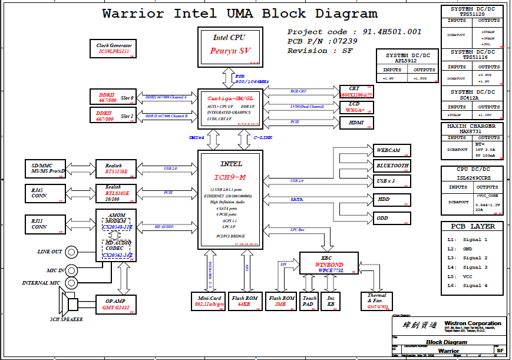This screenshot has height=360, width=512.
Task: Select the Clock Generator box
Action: tap(114, 49)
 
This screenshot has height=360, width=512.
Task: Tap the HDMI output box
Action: tap(357, 123)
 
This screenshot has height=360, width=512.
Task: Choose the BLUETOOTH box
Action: tap(391, 166)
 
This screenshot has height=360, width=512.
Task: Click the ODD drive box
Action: tap(391, 218)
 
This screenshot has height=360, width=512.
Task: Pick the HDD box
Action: tap(391, 200)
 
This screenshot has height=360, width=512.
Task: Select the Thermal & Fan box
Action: tap(376, 301)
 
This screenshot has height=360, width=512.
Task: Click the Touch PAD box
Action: tap(309, 301)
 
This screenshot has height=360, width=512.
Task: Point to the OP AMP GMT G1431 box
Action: tap(116, 305)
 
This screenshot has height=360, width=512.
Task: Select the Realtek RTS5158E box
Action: tap(116, 169)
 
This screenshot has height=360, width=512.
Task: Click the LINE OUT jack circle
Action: tap(72, 252)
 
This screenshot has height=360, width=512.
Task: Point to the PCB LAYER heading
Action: tap(473, 226)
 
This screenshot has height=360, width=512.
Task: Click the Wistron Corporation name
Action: tap(473, 323)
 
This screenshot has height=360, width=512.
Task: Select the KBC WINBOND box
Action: tap(329, 263)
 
